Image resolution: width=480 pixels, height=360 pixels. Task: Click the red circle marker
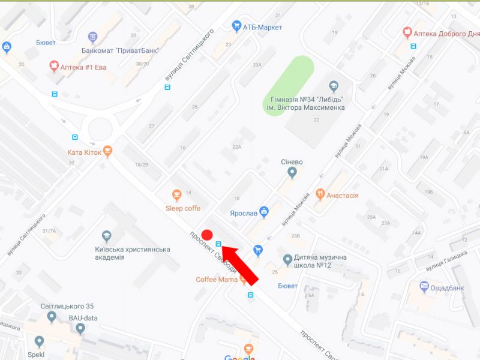click(208, 235)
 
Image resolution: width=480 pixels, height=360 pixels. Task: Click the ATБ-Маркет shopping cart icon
click(236, 26)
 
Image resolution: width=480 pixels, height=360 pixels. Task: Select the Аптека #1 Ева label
click(83, 67)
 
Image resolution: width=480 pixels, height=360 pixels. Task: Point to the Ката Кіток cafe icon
click(107, 151)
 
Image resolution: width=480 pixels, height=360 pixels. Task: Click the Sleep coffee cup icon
click(176, 194)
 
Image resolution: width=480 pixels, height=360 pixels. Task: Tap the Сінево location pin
click(292, 173)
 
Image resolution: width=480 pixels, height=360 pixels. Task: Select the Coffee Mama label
click(217, 280)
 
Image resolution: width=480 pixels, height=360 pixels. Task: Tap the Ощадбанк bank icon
click(425, 286)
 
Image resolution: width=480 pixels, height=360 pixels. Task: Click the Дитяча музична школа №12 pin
click(288, 260)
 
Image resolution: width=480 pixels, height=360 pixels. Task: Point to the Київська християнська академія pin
click(107, 236)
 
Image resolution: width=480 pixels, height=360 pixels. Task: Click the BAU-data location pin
click(80, 328)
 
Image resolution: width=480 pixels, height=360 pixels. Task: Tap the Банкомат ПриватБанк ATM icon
click(92, 37)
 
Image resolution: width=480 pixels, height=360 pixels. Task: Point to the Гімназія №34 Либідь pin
click(334, 85)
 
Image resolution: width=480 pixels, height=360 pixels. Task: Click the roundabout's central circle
click(100, 128)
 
